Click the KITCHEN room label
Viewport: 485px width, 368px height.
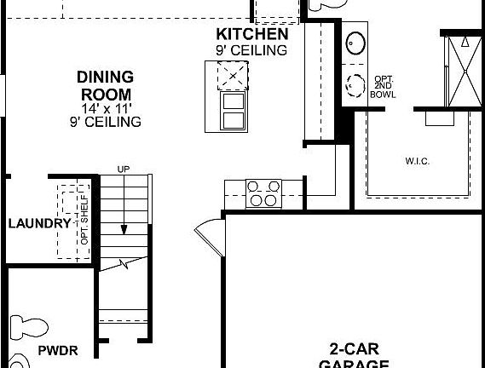[251, 35]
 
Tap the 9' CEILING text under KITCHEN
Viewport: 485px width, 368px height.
[251, 49]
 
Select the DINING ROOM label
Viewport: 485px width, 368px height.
[105, 85]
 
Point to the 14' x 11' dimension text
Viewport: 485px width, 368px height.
[105, 108]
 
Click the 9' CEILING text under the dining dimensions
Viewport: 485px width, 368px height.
[105, 122]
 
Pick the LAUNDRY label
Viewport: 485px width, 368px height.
[39, 223]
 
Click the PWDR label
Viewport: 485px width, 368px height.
[58, 351]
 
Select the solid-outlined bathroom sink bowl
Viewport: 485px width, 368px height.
[355, 43]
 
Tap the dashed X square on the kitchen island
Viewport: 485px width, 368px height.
[230, 78]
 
